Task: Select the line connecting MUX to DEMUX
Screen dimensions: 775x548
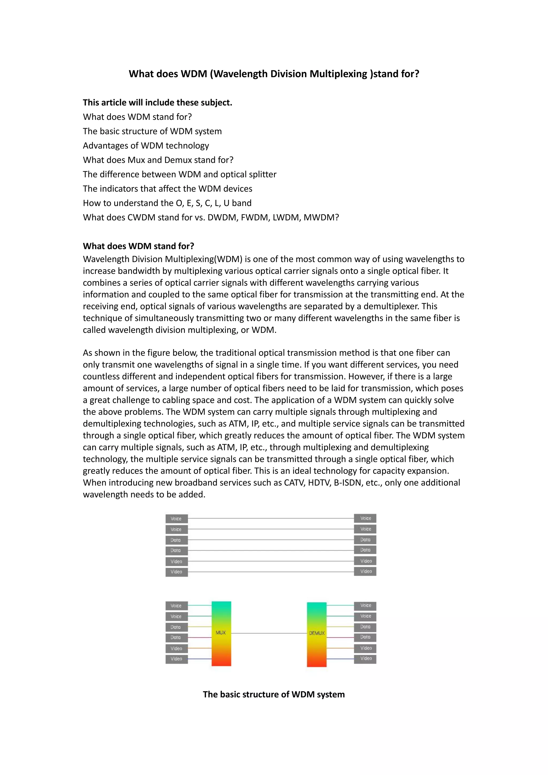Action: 269,633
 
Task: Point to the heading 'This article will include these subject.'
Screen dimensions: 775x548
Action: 157,102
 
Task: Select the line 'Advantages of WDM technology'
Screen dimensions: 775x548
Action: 146,146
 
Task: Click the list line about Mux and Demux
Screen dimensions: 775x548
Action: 158,160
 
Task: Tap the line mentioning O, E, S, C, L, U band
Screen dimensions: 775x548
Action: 167,203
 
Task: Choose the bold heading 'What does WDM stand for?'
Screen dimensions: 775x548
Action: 138,246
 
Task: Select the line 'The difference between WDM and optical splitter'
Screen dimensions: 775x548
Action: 180,174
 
